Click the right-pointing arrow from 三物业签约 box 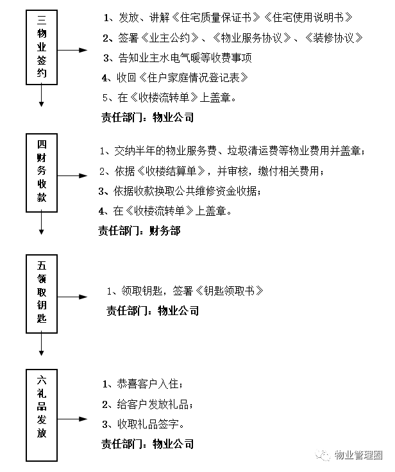coord(72,50)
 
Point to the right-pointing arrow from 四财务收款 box coord(72,175)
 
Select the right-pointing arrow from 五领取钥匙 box coord(72,297)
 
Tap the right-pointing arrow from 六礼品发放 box coord(72,419)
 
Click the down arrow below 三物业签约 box coord(42,95)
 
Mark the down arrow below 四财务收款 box coord(42,224)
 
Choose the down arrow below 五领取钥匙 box coord(42,345)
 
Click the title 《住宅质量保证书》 coord(215,17)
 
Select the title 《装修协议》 coord(334,38)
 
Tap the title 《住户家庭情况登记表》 coord(194,77)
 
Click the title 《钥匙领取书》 coord(230,291)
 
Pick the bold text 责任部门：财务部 coord(139,231)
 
